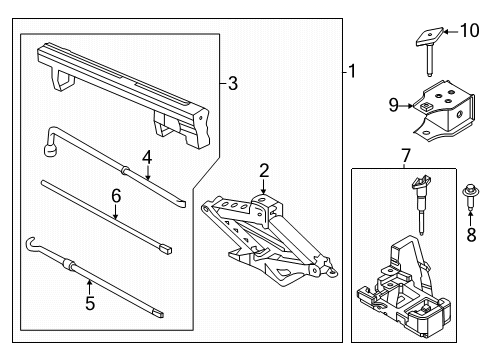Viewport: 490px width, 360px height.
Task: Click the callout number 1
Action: (x=350, y=71)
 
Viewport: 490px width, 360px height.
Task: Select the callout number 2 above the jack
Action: (x=263, y=170)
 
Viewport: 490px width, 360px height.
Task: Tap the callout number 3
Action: (x=233, y=84)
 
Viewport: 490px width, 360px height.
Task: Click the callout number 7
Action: (x=406, y=156)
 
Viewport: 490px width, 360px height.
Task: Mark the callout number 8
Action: (x=471, y=236)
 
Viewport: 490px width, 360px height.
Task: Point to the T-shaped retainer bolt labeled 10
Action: (x=427, y=45)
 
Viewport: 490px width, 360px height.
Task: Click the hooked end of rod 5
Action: (x=31, y=243)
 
